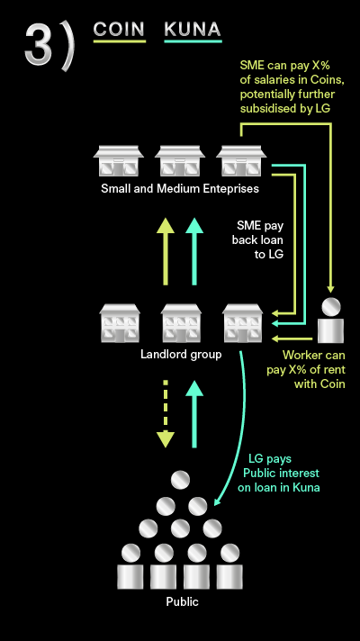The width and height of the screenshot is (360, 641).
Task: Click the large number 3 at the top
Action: pyautogui.click(x=38, y=44)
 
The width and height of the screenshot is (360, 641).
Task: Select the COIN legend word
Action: pyautogui.click(x=119, y=29)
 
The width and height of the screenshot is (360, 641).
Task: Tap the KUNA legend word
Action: pyautogui.click(x=193, y=30)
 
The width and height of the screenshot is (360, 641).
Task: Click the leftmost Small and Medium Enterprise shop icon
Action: pyautogui.click(x=119, y=160)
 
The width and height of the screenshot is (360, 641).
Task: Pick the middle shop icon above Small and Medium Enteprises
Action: pyautogui.click(x=180, y=160)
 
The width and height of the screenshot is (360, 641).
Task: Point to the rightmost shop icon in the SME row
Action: pyautogui.click(x=241, y=160)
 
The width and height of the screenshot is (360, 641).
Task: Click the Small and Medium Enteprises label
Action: pyautogui.click(x=180, y=188)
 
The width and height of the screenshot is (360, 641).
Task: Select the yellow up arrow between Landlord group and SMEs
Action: pyautogui.click(x=166, y=251)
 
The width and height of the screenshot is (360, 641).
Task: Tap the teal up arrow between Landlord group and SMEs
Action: pyautogui.click(x=194, y=251)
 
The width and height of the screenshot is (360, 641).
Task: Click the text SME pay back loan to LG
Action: pyautogui.click(x=257, y=239)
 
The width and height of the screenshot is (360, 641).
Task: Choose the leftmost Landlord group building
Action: pyautogui.click(x=120, y=323)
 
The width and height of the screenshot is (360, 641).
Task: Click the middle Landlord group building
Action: pyautogui.click(x=181, y=323)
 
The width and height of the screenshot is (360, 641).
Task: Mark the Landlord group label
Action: pyautogui.click(x=181, y=354)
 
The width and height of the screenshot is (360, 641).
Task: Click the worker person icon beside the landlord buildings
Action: pyautogui.click(x=330, y=320)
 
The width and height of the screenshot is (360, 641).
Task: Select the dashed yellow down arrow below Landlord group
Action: pyautogui.click(x=166, y=414)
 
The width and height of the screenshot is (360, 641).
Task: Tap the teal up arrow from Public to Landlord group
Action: pyautogui.click(x=194, y=414)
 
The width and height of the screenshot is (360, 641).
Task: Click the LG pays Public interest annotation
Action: pyautogui.click(x=278, y=474)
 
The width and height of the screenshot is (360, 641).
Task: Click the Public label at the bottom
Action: pyautogui.click(x=182, y=601)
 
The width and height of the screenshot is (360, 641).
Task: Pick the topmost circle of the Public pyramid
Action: pyautogui.click(x=180, y=480)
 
